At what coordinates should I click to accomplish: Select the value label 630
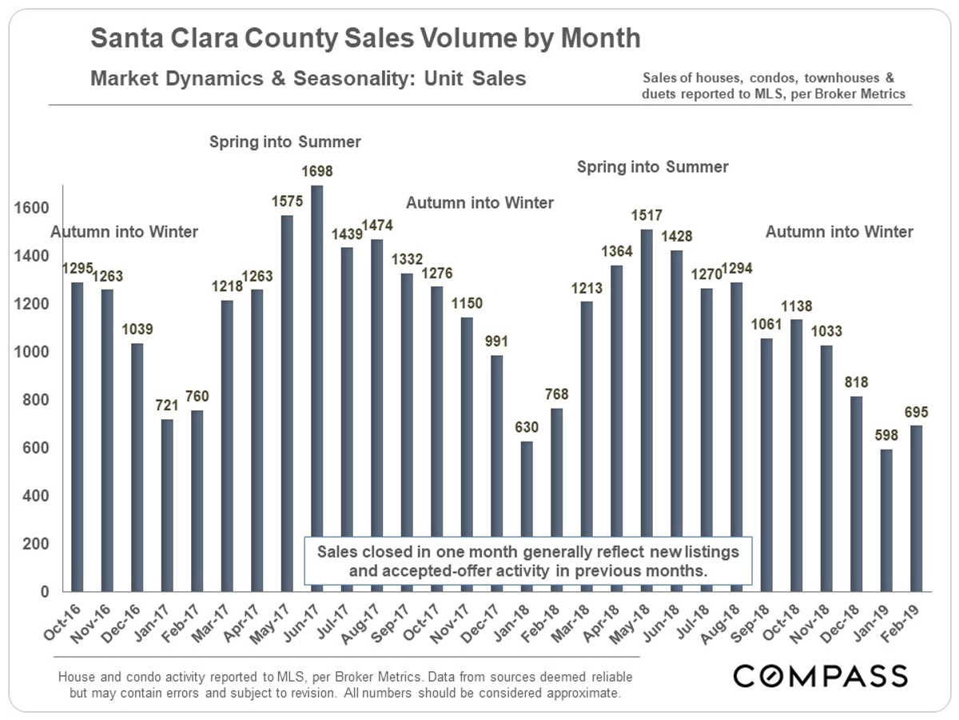point(527,426)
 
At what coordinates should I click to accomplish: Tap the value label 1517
point(647,215)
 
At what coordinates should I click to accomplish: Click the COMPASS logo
point(820,675)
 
